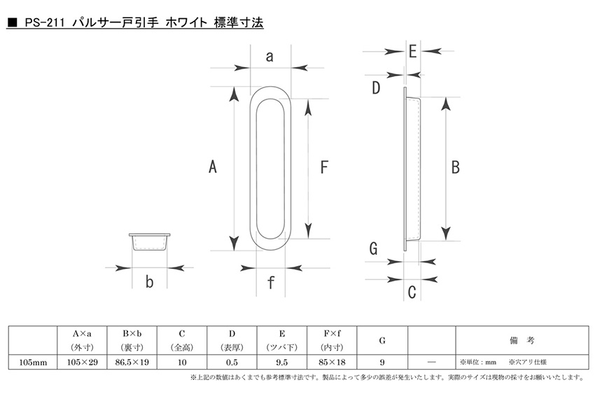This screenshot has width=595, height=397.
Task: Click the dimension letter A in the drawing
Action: point(213,167)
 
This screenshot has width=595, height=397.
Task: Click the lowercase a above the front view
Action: point(269,56)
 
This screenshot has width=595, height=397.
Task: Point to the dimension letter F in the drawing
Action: point(324,167)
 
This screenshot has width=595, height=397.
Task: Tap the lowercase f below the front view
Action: point(271,282)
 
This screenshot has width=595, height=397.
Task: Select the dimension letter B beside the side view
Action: point(456,167)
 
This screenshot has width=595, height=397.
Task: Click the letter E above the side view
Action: point(413,51)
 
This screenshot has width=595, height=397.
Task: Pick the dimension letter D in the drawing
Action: point(376,88)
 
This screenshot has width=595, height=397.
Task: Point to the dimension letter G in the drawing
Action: point(373,249)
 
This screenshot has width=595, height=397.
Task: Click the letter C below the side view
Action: point(412,292)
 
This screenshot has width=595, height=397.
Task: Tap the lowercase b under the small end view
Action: point(150,281)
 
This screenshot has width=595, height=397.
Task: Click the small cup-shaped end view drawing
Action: point(150,242)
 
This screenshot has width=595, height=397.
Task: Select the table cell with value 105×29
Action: point(83,362)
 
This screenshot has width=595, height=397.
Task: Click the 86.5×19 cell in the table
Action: point(132,362)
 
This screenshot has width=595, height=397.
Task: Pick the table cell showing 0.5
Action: point(232,362)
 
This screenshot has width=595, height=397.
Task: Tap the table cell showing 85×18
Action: point(332,362)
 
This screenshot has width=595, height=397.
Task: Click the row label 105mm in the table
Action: point(33,363)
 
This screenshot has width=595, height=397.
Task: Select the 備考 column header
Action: point(522,340)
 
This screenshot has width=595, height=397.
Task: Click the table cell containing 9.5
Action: point(282,362)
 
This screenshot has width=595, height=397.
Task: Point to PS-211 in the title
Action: point(45,23)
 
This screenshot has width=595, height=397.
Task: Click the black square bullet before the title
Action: point(13,23)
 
